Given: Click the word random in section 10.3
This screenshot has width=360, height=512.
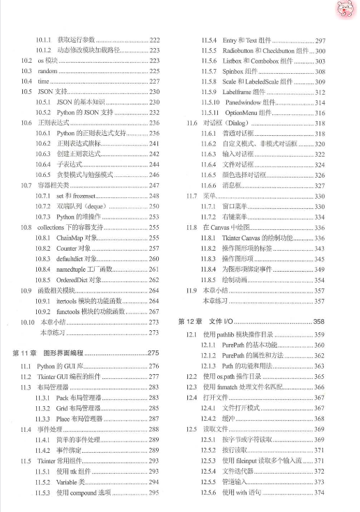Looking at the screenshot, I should [48, 72].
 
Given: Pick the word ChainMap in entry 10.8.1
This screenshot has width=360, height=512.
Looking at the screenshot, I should [70, 238].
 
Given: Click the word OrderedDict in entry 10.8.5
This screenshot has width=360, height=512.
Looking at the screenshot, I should [73, 279].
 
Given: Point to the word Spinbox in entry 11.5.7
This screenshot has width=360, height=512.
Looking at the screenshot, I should [233, 72].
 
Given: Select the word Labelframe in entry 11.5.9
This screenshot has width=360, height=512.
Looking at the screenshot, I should [237, 93].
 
